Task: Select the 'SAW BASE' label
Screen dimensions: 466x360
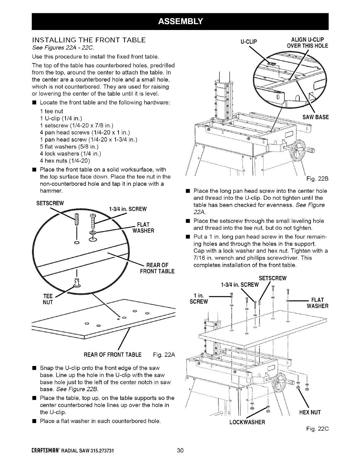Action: pyautogui.click(x=315, y=117)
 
